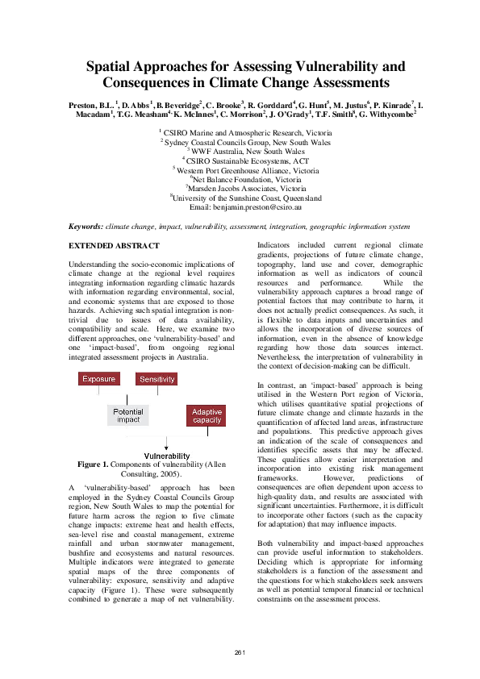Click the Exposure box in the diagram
click(x=98, y=379)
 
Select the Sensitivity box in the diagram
click(x=157, y=379)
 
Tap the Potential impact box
click(x=128, y=414)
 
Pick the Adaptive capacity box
click(x=207, y=415)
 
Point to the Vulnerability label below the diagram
click(x=167, y=456)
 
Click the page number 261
click(x=240, y=651)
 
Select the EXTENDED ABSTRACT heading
click(x=114, y=245)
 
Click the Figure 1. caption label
click(x=98, y=464)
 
